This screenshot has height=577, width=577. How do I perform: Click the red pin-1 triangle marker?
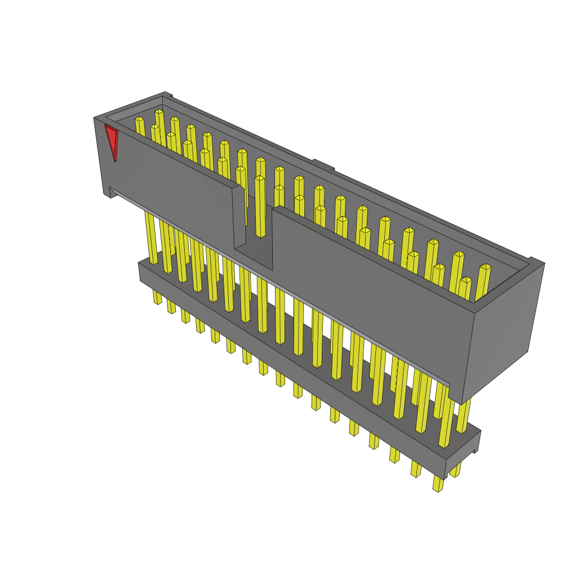(x=112, y=141)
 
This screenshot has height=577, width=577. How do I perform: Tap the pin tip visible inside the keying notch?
(x=260, y=179)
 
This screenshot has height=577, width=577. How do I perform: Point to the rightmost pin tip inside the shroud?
(x=485, y=267)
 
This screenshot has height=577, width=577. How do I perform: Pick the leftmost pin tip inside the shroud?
(x=139, y=119)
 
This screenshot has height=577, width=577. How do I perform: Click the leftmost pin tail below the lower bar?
(x=157, y=297)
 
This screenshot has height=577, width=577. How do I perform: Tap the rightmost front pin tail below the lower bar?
(x=438, y=484)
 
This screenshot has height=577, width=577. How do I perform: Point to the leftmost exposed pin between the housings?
(x=151, y=237)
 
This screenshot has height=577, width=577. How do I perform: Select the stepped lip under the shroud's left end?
(x=110, y=192)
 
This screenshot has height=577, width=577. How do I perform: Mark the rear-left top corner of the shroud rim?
(x=165, y=94)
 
